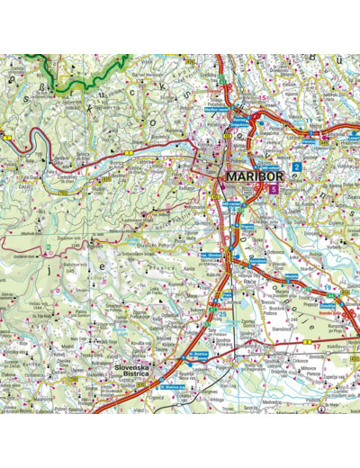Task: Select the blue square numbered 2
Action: [296, 167]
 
